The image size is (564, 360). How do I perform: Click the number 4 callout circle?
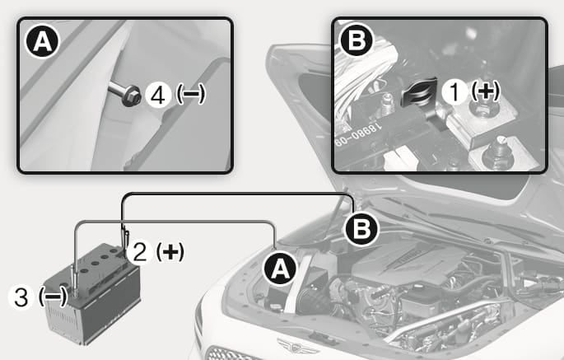(x=158, y=95)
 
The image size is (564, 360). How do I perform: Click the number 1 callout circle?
(x=455, y=91)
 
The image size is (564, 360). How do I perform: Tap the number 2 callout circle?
(x=140, y=251)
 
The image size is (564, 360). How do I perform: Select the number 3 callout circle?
(x=21, y=297)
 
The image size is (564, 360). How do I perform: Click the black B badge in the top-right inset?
(x=357, y=40)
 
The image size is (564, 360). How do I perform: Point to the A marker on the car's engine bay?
(x=280, y=269)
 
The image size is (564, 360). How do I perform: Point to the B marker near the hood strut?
(x=361, y=228)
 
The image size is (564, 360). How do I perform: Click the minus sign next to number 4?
(x=190, y=95)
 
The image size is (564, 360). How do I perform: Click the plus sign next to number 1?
(x=486, y=91)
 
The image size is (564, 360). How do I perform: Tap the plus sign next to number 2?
(x=170, y=251)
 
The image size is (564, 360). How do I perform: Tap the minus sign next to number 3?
(x=53, y=297)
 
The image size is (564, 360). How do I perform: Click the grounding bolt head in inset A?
(x=131, y=96)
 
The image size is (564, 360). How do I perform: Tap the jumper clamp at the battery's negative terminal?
(x=75, y=280)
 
